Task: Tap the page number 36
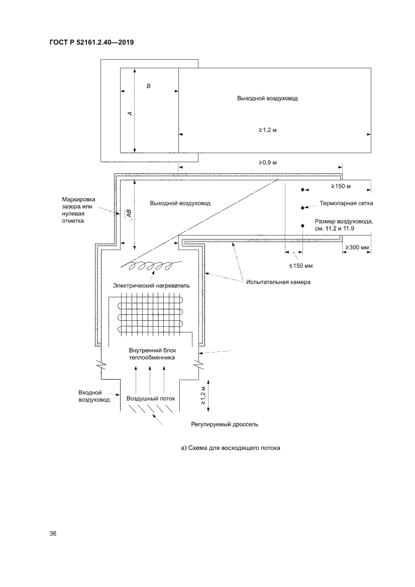pyautogui.click(x=53, y=533)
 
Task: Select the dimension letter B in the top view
pyautogui.click(x=148, y=86)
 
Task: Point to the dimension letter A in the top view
pyautogui.click(x=130, y=113)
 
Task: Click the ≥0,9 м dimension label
pyautogui.click(x=268, y=162)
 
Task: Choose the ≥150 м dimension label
pyautogui.click(x=340, y=186)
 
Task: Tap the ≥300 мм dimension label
pyautogui.click(x=357, y=248)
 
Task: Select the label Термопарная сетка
pyautogui.click(x=346, y=204)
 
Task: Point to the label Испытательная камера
pyautogui.click(x=278, y=282)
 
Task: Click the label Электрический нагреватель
pyautogui.click(x=151, y=285)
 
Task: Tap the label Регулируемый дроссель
pyautogui.click(x=225, y=424)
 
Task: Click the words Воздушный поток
pyautogui.click(x=151, y=398)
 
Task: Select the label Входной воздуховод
pyautogui.click(x=94, y=396)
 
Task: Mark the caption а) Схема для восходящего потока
pyautogui.click(x=230, y=448)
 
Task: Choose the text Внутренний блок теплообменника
pyautogui.click(x=151, y=355)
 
